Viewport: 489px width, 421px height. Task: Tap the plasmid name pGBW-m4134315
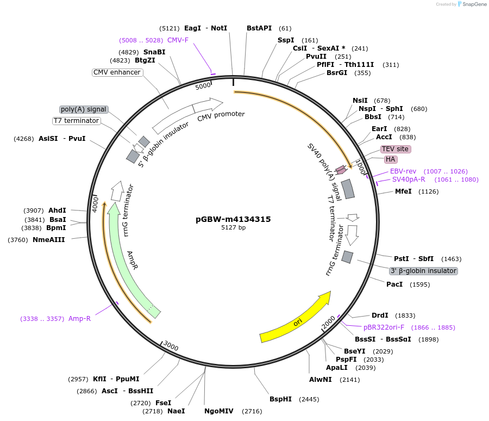coord(233,219)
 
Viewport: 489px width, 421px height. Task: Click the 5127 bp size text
coord(233,227)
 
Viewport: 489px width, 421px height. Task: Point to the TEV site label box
coord(395,149)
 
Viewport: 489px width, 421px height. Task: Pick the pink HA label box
coord(391,159)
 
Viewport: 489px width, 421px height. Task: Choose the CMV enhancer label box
coord(117,72)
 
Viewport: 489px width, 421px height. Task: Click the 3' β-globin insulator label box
coord(424,271)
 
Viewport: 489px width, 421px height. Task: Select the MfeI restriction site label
coord(403,191)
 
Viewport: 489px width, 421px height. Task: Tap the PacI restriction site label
coord(394,284)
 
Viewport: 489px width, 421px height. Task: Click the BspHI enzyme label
coord(280,399)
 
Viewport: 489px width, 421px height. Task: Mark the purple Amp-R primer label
coord(79,319)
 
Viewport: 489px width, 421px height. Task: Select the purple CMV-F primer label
coord(178,40)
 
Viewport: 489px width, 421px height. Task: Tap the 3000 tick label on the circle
coord(171,347)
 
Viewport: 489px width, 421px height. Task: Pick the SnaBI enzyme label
coord(154,52)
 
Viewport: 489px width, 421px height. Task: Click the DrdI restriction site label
coord(380,315)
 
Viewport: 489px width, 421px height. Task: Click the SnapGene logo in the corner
coord(472,4)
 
